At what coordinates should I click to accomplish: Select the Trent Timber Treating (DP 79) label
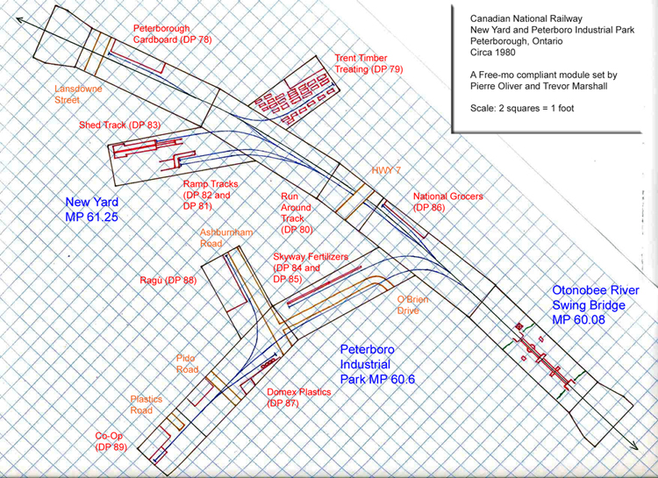[x=368, y=63]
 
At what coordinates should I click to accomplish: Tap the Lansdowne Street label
[x=84, y=95]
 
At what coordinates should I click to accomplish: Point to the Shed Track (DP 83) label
[x=119, y=125]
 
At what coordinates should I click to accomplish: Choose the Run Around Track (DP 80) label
[x=297, y=212]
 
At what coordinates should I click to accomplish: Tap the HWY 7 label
[x=386, y=169]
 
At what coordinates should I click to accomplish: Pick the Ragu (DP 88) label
[x=168, y=281]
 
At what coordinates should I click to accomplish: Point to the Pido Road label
[x=186, y=363]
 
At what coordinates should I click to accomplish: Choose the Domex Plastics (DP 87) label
[x=299, y=397]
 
